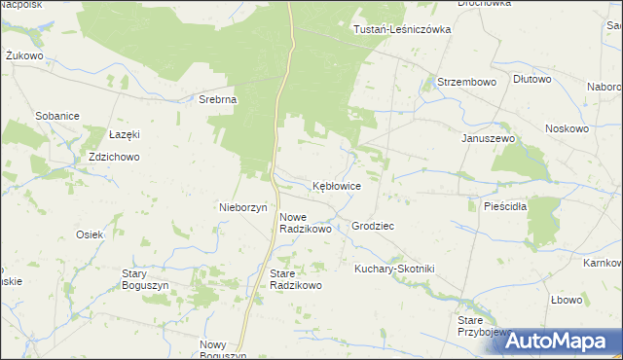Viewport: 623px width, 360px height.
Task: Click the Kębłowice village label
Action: coord(337,185)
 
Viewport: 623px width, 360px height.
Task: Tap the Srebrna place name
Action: coord(219,99)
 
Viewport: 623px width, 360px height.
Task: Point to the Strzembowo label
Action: coord(467,83)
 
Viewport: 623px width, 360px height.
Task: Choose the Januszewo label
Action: coord(488,137)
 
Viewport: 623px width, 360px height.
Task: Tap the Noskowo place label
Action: coord(568,128)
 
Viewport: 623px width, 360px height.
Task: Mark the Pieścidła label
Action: coord(504,206)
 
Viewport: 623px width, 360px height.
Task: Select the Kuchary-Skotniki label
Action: coord(394,268)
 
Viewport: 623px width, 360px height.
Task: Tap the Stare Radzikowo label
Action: coord(295,279)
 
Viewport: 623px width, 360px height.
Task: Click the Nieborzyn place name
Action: coord(243,207)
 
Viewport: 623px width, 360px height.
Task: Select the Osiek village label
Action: coord(90,234)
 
